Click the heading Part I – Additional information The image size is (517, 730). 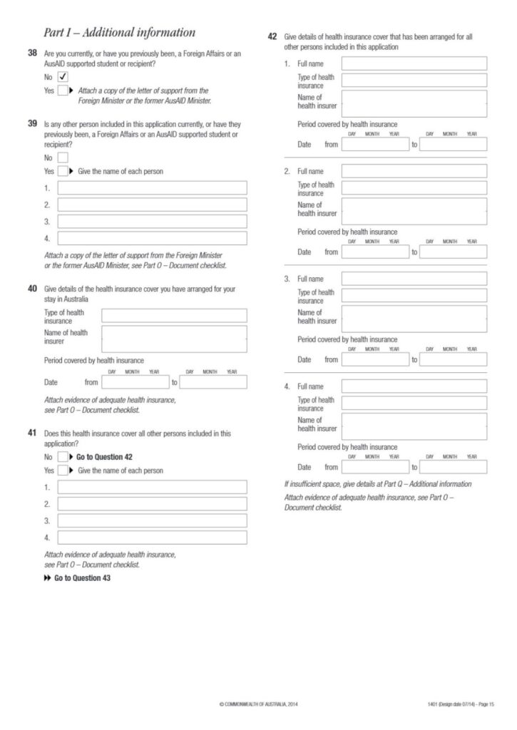coord(119,32)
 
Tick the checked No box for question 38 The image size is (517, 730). coord(63,76)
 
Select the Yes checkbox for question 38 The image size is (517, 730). coord(63,91)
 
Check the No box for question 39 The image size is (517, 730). coord(63,158)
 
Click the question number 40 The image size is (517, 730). coord(32,289)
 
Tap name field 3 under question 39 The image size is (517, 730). coord(152,222)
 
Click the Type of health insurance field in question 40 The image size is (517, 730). coord(174,316)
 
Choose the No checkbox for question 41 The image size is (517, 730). coord(63,457)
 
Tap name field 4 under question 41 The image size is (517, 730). coord(152,538)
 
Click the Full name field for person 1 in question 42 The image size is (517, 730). coord(414,63)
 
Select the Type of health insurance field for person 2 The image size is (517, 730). coord(414,187)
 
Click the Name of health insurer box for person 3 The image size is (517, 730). coord(414,319)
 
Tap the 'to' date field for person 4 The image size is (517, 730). coord(453,467)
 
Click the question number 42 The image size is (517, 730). coord(272,36)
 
